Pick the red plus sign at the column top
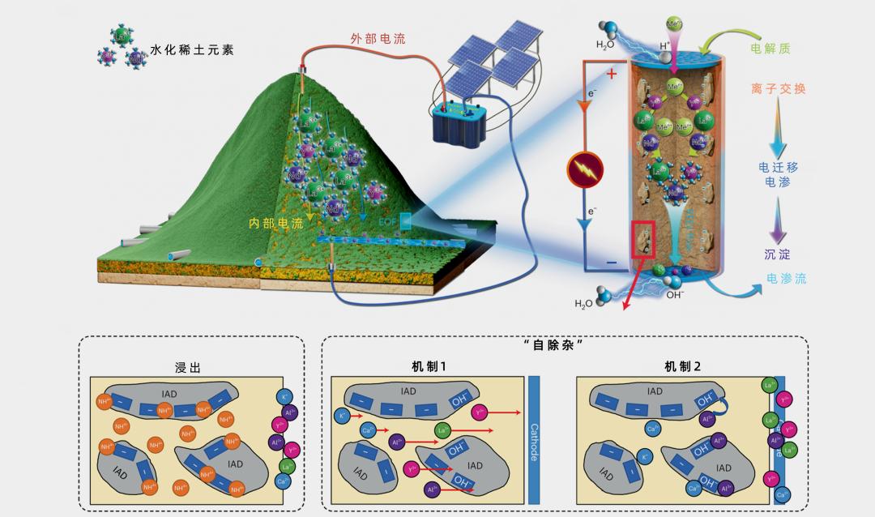pyautogui.click(x=611, y=75)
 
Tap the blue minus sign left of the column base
pyautogui.click(x=611, y=263)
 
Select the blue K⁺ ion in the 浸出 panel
pyautogui.click(x=284, y=396)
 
